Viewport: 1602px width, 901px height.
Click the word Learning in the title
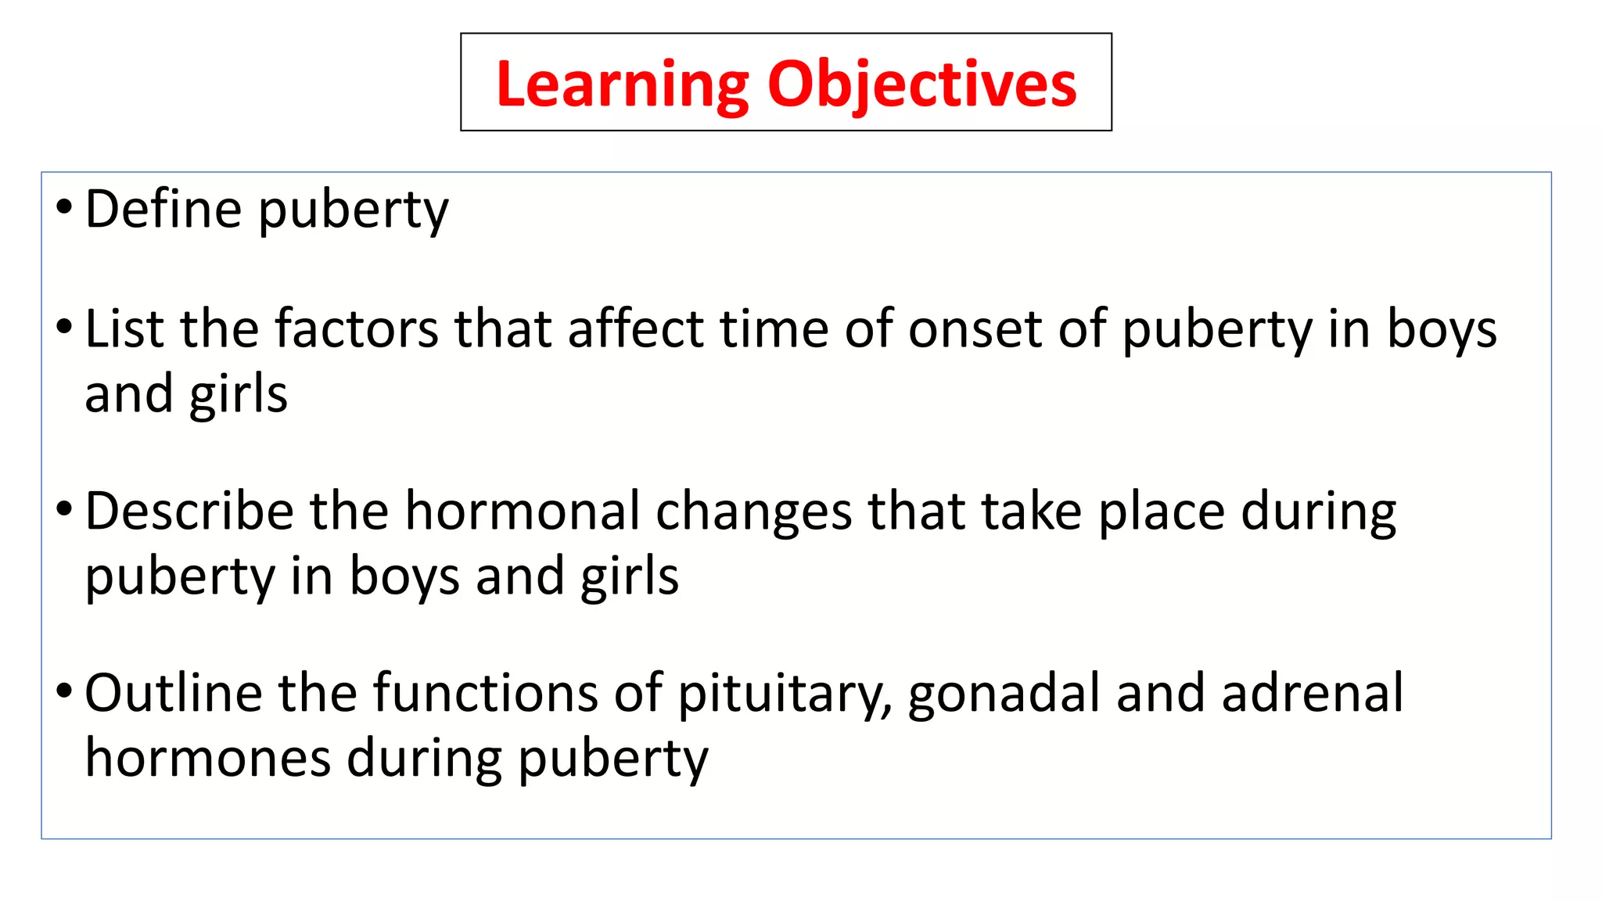point(623,84)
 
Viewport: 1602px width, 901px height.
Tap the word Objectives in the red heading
point(922,84)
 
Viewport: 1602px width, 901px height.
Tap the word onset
point(975,328)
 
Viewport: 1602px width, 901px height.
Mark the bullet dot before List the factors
point(64,327)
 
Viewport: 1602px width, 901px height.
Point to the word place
point(1162,513)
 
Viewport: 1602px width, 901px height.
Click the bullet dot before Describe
point(64,510)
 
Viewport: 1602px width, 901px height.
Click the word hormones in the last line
point(208,759)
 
